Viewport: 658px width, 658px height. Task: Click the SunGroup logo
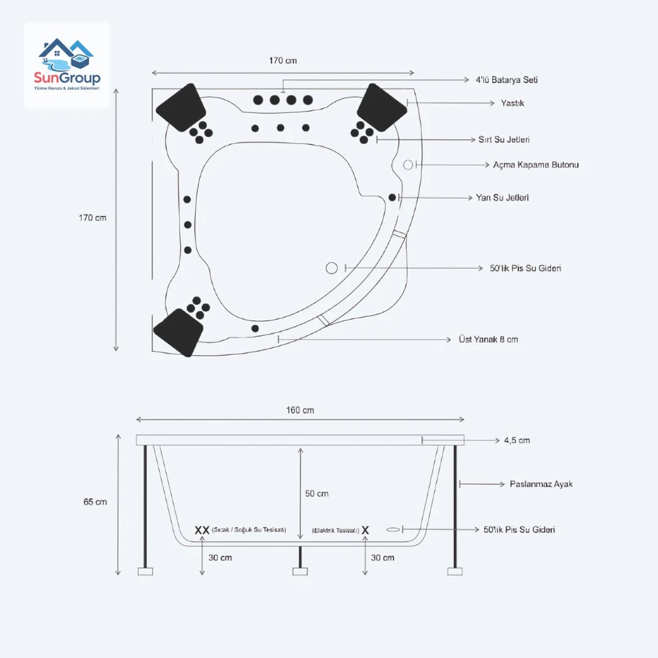click(67, 65)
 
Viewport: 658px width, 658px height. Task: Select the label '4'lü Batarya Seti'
click(506, 80)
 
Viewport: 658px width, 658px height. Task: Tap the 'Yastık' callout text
click(512, 103)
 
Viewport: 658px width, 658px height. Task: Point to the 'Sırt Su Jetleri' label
click(504, 140)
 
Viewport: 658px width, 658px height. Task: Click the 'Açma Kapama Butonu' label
click(536, 164)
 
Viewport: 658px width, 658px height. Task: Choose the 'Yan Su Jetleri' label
click(502, 197)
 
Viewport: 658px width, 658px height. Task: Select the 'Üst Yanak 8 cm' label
click(488, 339)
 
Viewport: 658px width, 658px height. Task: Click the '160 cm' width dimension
click(300, 410)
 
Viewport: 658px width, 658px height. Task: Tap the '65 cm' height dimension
click(94, 501)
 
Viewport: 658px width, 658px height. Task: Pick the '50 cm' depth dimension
click(317, 493)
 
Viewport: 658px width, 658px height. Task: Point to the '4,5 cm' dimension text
click(517, 440)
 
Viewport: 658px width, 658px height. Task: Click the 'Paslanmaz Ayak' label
click(541, 484)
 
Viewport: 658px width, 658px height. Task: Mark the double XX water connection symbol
click(202, 530)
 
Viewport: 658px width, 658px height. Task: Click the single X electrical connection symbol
click(365, 530)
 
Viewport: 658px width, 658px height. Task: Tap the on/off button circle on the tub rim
click(408, 164)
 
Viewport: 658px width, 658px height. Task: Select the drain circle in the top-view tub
click(331, 268)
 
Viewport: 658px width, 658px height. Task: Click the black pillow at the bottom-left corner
click(178, 332)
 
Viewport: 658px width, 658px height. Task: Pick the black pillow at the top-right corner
click(381, 108)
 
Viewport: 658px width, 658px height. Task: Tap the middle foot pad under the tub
click(300, 571)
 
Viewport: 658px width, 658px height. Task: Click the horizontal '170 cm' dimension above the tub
click(283, 60)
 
